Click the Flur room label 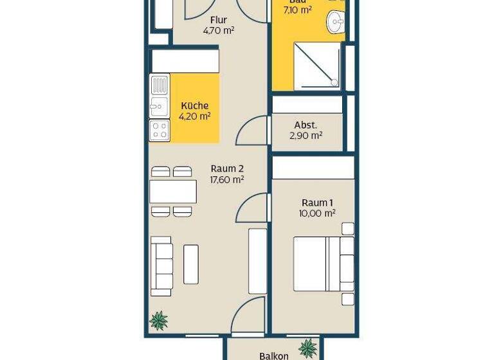218,20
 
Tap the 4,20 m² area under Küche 195,116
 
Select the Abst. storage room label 306,125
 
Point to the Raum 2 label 227,168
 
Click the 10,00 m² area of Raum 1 317,213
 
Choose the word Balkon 274,355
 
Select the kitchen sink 159,107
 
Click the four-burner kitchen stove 159,130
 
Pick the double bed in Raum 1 323,264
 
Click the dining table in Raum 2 172,192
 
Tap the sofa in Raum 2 161,265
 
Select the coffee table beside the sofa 191,264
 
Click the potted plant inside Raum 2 158,320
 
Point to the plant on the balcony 308,348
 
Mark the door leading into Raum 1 252,208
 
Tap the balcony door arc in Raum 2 249,317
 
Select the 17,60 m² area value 227,180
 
